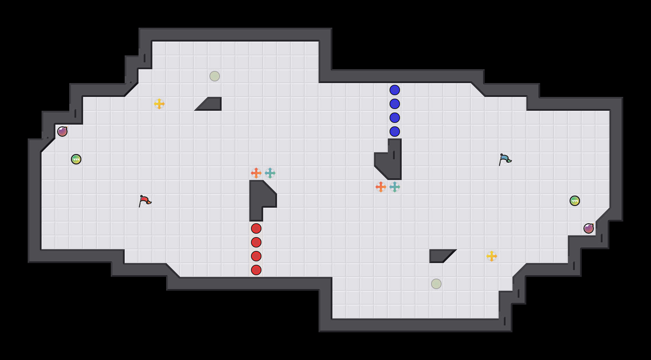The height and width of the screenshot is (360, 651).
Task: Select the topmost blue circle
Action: pyautogui.click(x=395, y=90)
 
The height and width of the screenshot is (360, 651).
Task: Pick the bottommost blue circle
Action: pyautogui.click(x=395, y=132)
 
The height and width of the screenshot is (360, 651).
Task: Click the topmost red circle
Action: pyautogui.click(x=256, y=228)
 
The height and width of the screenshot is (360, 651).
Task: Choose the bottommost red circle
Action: pyautogui.click(x=256, y=270)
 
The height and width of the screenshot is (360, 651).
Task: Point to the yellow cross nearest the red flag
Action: pyautogui.click(x=159, y=104)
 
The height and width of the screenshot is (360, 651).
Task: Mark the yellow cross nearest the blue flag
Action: pyautogui.click(x=492, y=256)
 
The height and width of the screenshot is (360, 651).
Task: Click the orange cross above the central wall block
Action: pyautogui.click(x=256, y=173)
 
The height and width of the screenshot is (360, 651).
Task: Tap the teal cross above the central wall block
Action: pyautogui.click(x=270, y=173)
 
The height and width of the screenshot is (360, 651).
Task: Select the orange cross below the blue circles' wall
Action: pyautogui.click(x=381, y=187)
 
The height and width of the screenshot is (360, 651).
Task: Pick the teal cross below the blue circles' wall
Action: pyautogui.click(x=395, y=187)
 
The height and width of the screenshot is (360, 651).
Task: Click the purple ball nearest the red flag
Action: pyautogui.click(x=62, y=132)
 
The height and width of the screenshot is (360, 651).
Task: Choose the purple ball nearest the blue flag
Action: pyautogui.click(x=589, y=228)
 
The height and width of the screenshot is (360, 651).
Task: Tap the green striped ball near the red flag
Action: pyautogui.click(x=76, y=159)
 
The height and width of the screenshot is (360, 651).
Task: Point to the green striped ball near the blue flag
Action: pyautogui.click(x=575, y=201)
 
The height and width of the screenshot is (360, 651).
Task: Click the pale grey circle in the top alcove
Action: pyautogui.click(x=215, y=76)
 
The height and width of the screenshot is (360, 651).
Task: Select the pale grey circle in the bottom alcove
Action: pyautogui.click(x=436, y=284)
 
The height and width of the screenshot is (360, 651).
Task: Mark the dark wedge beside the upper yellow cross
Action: pyautogui.click(x=211, y=105)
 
